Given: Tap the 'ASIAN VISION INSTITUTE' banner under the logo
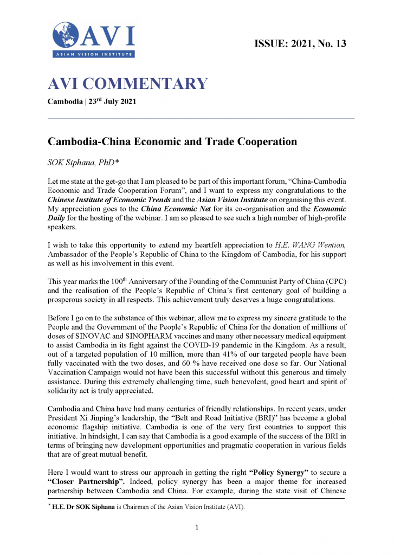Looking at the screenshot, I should [92, 54].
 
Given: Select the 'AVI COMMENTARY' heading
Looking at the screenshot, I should [128, 84].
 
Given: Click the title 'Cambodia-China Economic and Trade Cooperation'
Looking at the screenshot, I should [173, 142].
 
